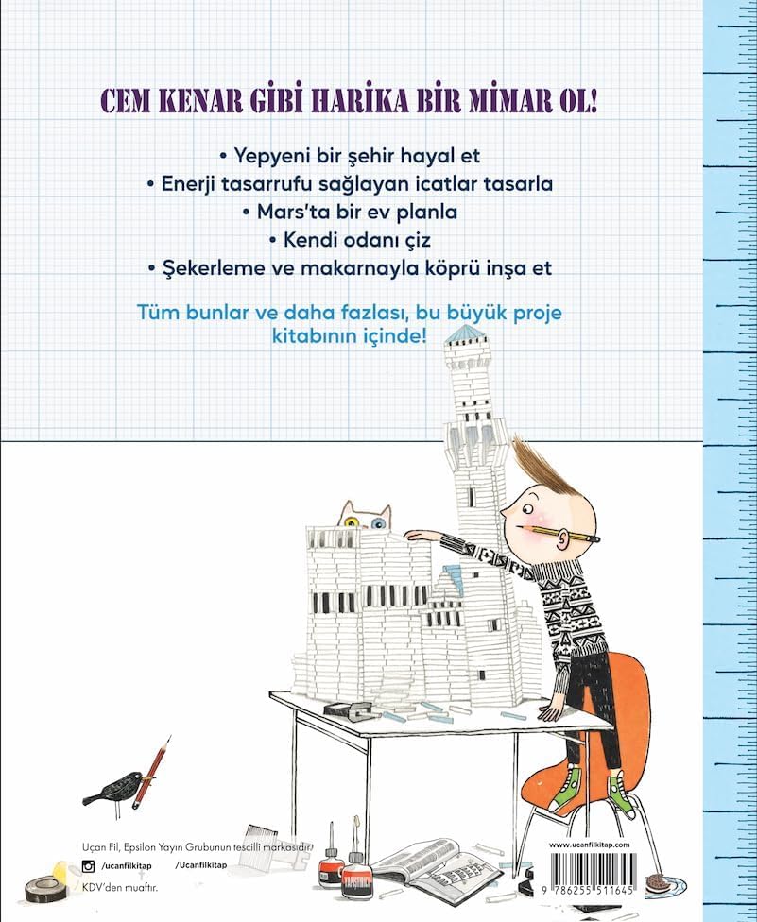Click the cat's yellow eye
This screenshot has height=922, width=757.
pyautogui.click(x=352, y=522)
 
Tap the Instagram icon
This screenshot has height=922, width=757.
pyautogui.click(x=88, y=865)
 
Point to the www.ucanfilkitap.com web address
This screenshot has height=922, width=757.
pyautogui.click(x=590, y=845)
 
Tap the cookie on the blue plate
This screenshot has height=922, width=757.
pyautogui.click(x=656, y=882)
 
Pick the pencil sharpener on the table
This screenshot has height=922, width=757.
pyautogui.click(x=348, y=709)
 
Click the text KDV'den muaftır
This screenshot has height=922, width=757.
pyautogui.click(x=120, y=887)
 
